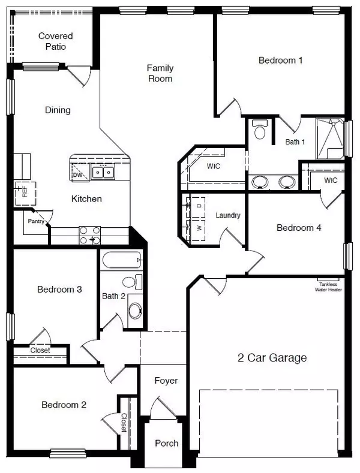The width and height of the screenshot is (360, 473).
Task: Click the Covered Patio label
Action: click(x=52, y=41)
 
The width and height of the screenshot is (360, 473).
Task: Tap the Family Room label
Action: click(x=160, y=73)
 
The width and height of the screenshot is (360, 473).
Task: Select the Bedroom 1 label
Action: click(x=280, y=60)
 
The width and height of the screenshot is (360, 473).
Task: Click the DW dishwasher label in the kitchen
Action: click(x=78, y=175)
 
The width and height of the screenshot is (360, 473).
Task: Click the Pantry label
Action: click(x=33, y=221)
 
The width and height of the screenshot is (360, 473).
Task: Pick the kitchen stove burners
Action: click(x=89, y=234)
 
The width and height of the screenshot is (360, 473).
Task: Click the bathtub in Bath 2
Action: click(x=122, y=261)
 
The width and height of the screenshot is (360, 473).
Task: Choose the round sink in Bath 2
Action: click(x=136, y=310)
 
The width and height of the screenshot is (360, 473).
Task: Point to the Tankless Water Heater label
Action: click(x=328, y=287)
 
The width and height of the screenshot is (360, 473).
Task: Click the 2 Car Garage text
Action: click(x=272, y=358)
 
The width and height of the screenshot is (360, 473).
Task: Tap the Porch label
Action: click(x=166, y=444)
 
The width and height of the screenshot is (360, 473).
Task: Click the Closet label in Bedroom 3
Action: click(x=40, y=350)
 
